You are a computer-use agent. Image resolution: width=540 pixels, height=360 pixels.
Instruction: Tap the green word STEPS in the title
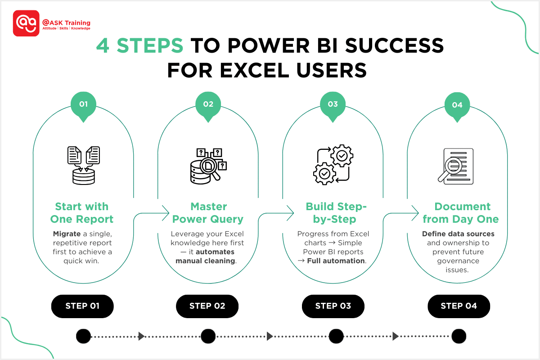pos(150,46)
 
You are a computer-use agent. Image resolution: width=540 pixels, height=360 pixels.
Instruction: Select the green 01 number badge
pos(83,105)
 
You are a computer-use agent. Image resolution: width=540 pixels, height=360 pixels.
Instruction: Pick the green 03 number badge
pos(333,105)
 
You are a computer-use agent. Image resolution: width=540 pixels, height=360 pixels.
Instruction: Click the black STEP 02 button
pos(207,306)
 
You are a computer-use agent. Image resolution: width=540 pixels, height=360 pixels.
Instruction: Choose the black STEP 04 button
pos(459,306)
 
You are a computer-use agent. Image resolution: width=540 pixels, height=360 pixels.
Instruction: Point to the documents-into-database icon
pos(83,165)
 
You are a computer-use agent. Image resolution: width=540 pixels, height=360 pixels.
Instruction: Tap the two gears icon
pos(333,165)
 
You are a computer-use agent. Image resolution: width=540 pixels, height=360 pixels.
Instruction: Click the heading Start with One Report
pos(82,213)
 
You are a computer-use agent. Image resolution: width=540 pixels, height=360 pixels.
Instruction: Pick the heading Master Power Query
pos(208,213)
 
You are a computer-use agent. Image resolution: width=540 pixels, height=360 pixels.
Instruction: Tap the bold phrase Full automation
pos(336,261)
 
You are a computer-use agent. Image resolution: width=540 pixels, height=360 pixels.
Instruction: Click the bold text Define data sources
pos(458,234)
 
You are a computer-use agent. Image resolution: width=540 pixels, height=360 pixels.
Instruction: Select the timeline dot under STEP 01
pos(83,336)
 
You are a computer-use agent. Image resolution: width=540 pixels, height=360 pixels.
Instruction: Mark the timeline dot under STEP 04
pos(459,336)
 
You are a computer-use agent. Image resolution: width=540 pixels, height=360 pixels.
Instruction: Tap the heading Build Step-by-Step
pos(337,213)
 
